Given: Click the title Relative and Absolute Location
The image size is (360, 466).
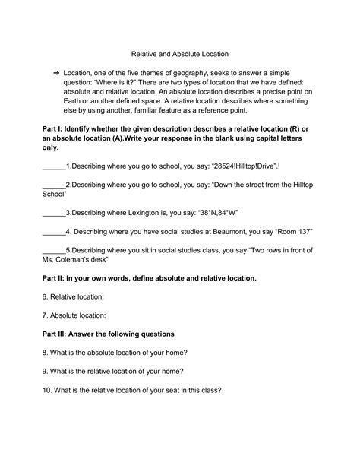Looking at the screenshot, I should click(180, 54).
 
